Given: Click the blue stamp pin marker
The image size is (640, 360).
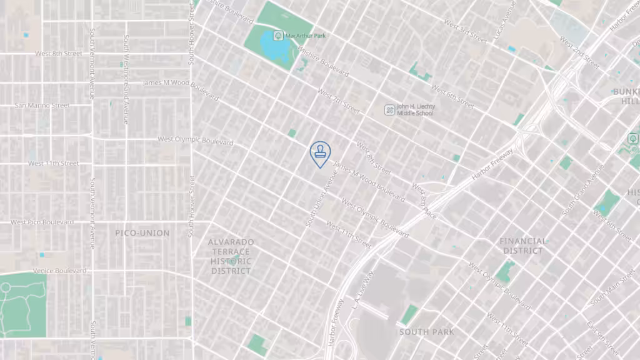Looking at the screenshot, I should [320, 153].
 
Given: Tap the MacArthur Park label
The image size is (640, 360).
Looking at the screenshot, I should [306, 36].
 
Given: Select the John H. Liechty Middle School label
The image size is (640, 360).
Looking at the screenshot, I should [416, 110].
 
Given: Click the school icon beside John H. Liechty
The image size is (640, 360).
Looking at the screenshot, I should [389, 110].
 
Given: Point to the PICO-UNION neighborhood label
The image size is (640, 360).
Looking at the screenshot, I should [142, 233].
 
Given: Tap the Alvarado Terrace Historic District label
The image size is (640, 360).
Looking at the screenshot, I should [231, 256].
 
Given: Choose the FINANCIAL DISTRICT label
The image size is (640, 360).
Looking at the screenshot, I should [523, 246].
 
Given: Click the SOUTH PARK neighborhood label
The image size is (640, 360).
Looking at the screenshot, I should [427, 332].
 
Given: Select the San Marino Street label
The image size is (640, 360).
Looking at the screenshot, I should [42, 106].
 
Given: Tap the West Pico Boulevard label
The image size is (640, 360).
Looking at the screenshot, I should [42, 222].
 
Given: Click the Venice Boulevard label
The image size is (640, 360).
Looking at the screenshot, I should [61, 271].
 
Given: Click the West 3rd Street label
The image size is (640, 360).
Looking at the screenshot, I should [465, 32].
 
